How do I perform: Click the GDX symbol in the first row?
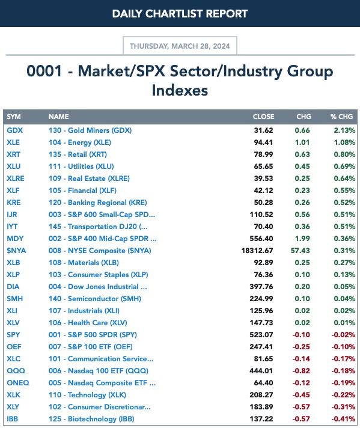click(15, 130)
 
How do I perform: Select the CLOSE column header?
click(263, 117)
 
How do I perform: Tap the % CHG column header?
click(341, 117)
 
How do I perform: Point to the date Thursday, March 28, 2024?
click(180, 46)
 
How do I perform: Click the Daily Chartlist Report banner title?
click(180, 14)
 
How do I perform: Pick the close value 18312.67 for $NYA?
click(257, 251)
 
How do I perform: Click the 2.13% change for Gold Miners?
click(344, 130)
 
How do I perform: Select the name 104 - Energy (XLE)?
click(80, 142)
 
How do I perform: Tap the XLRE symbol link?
click(16, 179)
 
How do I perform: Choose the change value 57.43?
click(301, 251)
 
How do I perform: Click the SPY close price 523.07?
click(261, 335)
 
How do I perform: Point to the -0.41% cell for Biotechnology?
click(343, 419)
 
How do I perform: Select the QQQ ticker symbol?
click(16, 371)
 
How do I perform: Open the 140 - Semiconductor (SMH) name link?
click(95, 299)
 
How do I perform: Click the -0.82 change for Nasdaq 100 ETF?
click(301, 371)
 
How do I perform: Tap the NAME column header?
click(59, 117)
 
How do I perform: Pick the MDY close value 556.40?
click(261, 239)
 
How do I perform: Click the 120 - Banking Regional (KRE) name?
click(98, 203)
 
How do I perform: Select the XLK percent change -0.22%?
click(343, 395)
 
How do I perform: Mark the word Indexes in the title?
click(180, 90)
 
